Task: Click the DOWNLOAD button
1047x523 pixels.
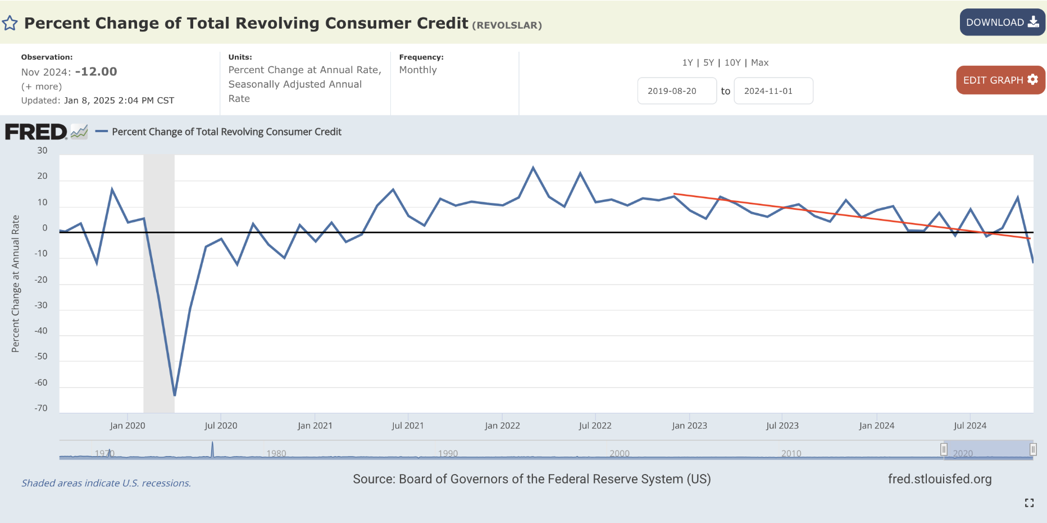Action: [1002, 22]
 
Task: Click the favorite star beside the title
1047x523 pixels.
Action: [10, 23]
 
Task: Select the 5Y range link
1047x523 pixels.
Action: [708, 62]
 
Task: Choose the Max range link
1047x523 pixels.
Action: [759, 62]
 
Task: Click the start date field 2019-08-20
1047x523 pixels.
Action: [676, 91]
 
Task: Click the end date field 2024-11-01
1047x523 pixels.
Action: [773, 91]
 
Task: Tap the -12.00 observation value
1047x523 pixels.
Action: [96, 72]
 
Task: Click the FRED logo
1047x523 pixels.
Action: [36, 132]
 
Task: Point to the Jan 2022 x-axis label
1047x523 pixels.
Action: [502, 426]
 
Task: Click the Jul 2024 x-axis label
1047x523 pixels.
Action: [970, 426]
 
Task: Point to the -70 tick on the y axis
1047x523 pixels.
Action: [41, 408]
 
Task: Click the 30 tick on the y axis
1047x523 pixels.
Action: [42, 151]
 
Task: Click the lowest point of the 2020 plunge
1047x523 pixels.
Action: [175, 395]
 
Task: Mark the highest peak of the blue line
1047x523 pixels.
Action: [533, 167]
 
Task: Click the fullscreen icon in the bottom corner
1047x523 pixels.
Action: [1029, 503]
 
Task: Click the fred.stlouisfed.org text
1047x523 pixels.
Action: [939, 479]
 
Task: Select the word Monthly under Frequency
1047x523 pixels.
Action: [418, 70]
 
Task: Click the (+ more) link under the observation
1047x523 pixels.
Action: [42, 87]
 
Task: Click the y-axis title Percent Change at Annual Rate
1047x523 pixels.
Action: [16, 283]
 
